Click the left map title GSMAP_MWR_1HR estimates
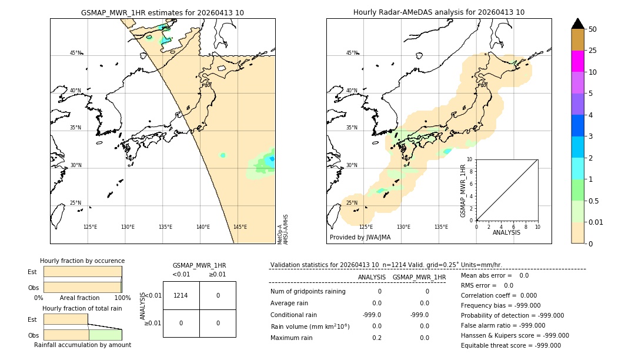(162, 12)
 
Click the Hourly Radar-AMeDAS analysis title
(439, 12)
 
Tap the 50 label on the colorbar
(593, 29)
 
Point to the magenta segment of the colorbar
(577, 61)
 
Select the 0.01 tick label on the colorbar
(597, 222)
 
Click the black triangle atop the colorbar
(577, 24)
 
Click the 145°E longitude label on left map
(240, 227)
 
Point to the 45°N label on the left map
(75, 53)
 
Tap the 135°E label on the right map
(441, 227)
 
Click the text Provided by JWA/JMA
(360, 238)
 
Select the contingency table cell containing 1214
(181, 295)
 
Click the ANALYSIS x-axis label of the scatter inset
(506, 232)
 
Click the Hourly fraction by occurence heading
(82, 261)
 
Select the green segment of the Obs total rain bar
(105, 335)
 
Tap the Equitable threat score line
(511, 345)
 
